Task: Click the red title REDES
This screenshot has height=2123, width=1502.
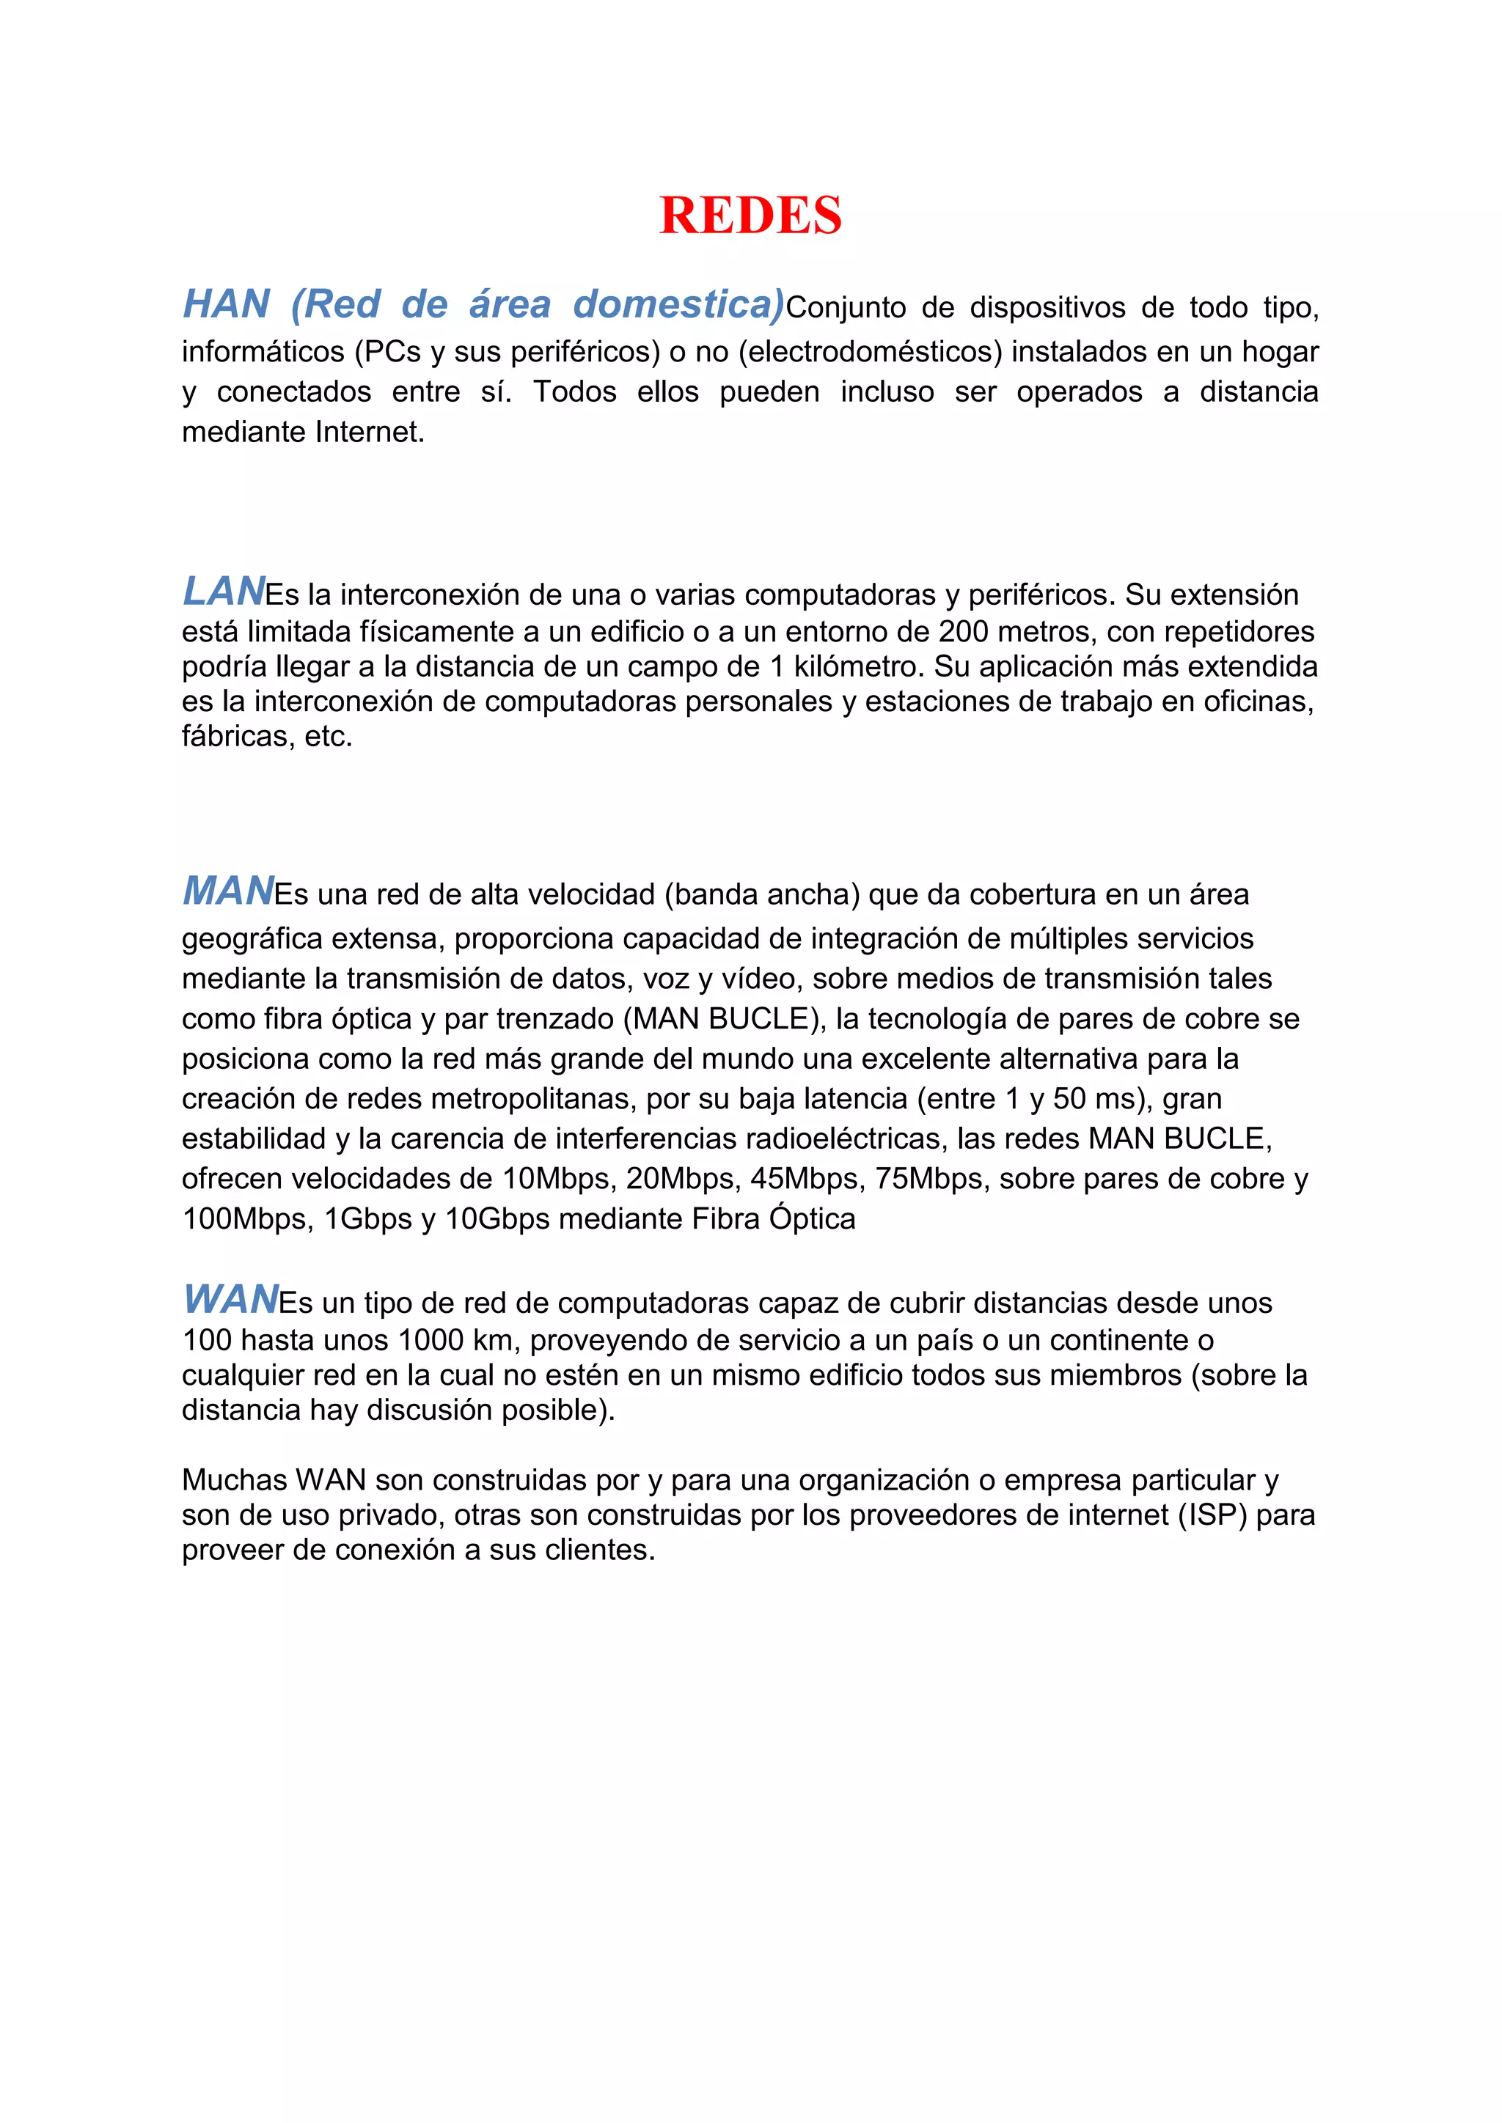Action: pos(750,216)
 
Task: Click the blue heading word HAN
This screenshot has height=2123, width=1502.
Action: pos(227,304)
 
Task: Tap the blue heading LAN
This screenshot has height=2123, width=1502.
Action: pos(224,591)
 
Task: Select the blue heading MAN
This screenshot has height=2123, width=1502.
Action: pos(227,891)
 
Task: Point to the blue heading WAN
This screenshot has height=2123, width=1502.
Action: pos(230,1299)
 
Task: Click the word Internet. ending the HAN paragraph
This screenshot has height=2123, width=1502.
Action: pos(370,432)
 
